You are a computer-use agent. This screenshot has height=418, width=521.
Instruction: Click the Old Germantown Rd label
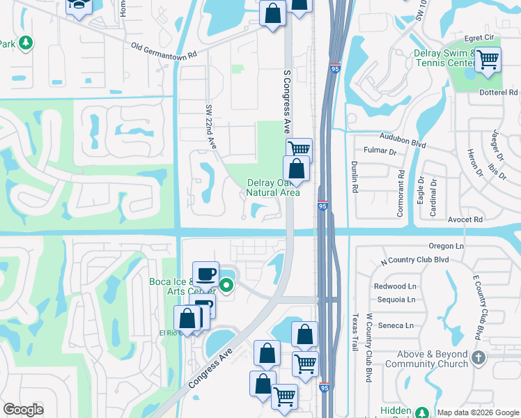[x=164, y=49]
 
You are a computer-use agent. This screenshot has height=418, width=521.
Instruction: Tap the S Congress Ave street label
[x=286, y=102]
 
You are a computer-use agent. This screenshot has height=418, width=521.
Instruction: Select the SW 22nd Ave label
[x=210, y=127]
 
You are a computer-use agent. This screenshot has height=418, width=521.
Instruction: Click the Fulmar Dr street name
[x=380, y=151]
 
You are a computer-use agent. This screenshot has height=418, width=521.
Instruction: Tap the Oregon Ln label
[x=446, y=246]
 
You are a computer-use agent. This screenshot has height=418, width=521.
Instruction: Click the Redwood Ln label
[x=394, y=286]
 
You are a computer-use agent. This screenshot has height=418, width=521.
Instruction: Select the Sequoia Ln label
[x=396, y=300]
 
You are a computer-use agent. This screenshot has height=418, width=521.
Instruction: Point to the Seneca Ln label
[x=396, y=325]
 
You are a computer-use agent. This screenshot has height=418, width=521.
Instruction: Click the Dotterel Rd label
[x=499, y=93]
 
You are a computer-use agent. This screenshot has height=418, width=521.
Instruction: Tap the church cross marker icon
[x=478, y=358]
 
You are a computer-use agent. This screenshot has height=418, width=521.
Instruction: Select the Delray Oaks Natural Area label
[x=273, y=188]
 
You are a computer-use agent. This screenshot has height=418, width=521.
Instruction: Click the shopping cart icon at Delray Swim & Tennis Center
[x=488, y=60]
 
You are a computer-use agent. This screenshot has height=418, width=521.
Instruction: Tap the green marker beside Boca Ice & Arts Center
[x=226, y=284]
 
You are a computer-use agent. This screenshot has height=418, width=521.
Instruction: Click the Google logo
[x=24, y=410]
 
